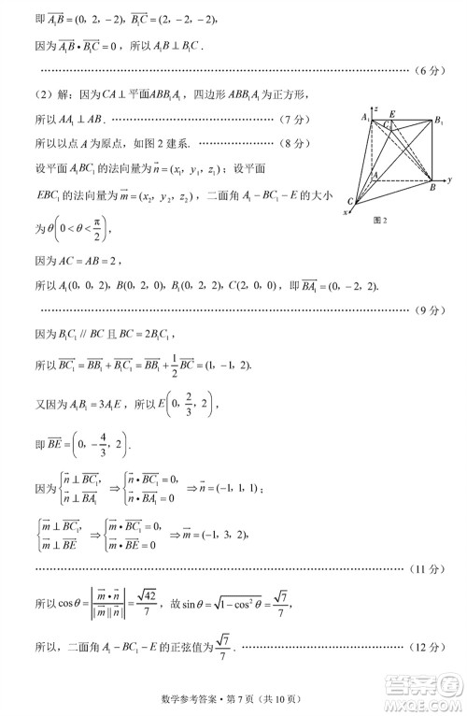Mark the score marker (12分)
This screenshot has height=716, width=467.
(431, 648)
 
